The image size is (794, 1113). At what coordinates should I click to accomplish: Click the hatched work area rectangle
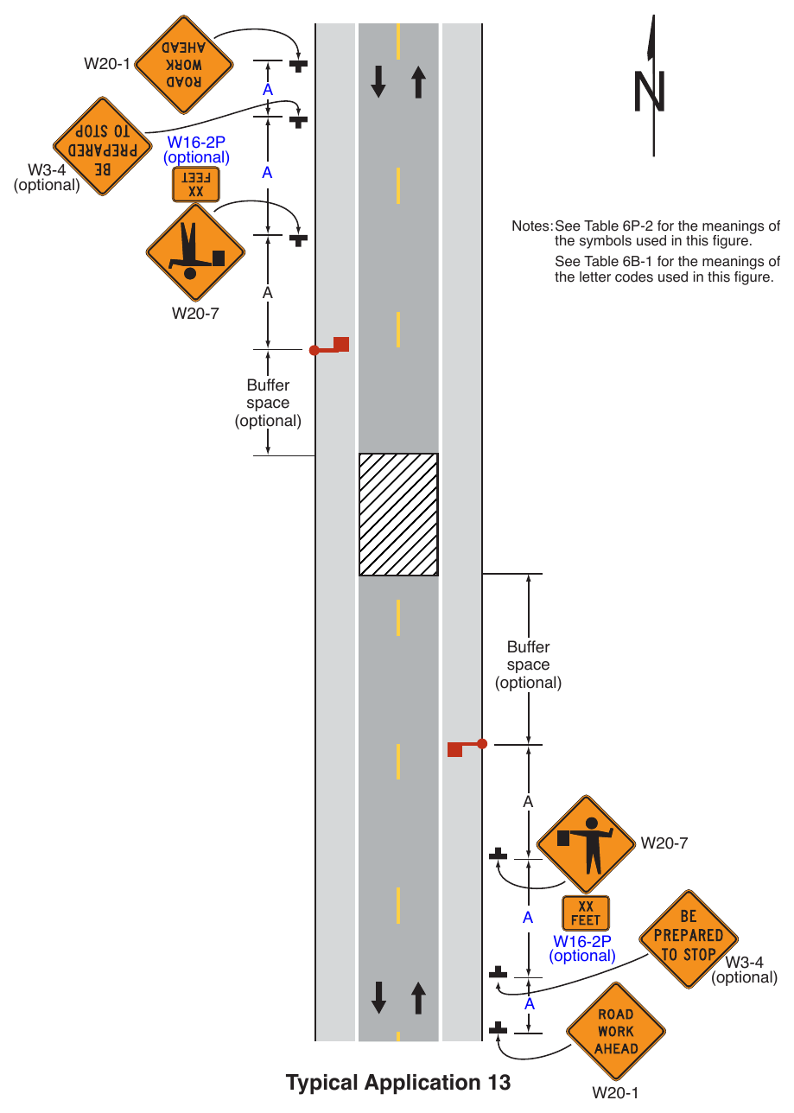click(x=398, y=514)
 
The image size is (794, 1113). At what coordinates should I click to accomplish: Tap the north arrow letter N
click(x=650, y=92)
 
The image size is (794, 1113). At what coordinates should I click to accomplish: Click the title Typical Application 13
click(x=398, y=1082)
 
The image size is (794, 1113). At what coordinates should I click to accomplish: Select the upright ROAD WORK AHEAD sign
click(x=616, y=1031)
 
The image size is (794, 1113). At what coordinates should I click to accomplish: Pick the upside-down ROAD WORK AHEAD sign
click(x=184, y=65)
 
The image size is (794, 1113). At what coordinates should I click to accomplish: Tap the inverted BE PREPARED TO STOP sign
click(x=102, y=146)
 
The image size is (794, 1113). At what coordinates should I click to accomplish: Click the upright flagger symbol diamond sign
click(x=586, y=844)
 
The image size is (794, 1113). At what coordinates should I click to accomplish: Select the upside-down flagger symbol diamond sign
click(x=195, y=252)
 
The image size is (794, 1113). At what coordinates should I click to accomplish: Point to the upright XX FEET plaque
click(x=585, y=913)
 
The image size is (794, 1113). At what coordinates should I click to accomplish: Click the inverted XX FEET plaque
click(x=196, y=185)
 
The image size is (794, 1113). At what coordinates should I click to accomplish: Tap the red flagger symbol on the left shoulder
click(x=329, y=347)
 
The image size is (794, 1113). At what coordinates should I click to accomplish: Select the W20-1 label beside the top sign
click(x=107, y=64)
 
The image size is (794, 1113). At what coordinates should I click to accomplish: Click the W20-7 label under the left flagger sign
click(x=195, y=314)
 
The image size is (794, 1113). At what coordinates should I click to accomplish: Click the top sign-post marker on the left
click(x=298, y=66)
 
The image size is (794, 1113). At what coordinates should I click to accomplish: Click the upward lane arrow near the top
click(x=418, y=82)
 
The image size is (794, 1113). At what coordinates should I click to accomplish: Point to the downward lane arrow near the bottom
click(x=378, y=997)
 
